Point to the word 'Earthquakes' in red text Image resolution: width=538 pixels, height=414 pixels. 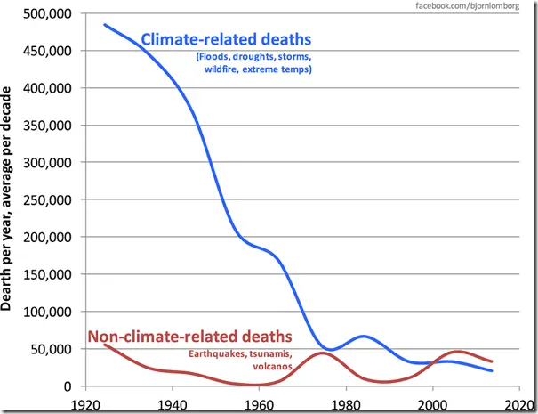217,354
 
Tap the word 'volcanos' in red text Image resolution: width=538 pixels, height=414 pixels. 273,366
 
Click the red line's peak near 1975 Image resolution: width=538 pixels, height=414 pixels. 322,353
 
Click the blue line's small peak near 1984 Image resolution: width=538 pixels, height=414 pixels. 363,336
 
